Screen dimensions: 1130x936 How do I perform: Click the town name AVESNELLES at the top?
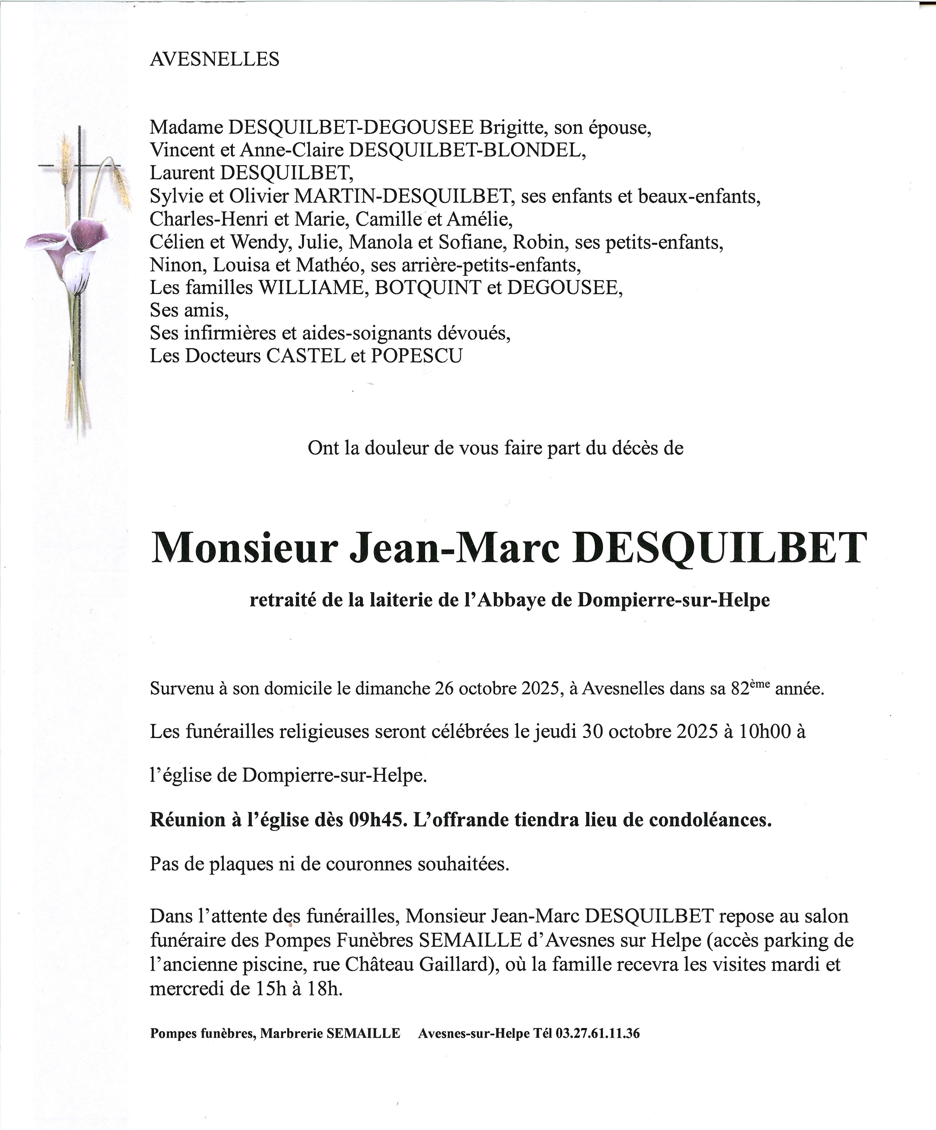(214, 59)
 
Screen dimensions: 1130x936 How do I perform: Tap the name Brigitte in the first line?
(511, 127)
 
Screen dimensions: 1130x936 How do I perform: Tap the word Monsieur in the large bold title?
(245, 549)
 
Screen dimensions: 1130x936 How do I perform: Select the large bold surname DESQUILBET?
(720, 549)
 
